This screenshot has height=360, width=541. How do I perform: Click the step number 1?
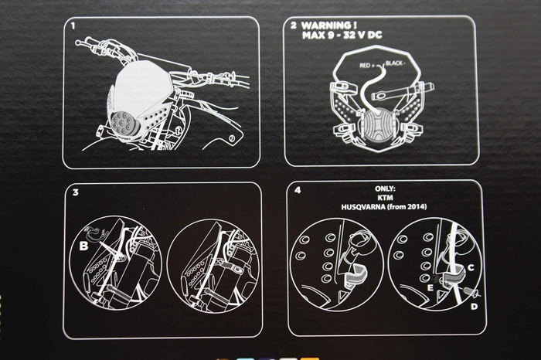pyautogui.click(x=73, y=25)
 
